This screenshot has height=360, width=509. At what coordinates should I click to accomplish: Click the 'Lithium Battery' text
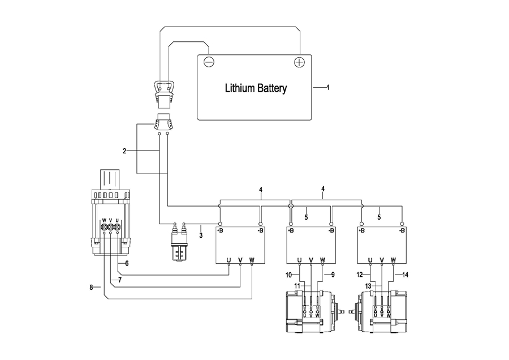coord(256,88)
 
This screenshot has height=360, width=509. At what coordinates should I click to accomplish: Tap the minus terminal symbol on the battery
coord(209,61)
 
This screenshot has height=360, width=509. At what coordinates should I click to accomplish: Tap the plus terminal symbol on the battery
coord(299,62)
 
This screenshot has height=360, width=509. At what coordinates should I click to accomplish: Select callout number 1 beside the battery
coord(328,87)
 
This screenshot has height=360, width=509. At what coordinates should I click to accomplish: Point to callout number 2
coord(124,151)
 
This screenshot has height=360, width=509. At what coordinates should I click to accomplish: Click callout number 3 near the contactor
coord(201,235)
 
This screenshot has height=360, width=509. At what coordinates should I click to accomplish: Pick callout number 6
coord(127,264)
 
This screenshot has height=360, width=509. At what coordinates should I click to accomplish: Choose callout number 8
coord(92,288)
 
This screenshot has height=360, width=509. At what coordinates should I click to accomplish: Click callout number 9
coord(333,275)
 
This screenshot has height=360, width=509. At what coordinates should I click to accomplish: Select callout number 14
coord(405,275)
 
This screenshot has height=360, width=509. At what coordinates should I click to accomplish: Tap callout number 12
coord(359,275)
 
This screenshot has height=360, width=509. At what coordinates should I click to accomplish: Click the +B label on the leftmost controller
coord(220,231)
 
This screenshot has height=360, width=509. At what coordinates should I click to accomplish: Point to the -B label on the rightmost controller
coord(402,231)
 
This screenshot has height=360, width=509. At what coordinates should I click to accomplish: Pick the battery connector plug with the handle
coord(164,94)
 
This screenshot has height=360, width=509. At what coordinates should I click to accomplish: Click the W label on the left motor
coord(317,315)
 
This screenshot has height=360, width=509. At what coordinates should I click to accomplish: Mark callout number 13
coord(368,286)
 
